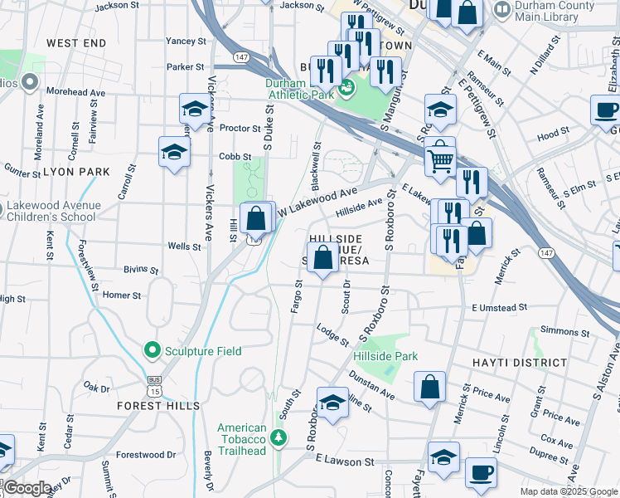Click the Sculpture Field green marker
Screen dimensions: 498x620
tap(151, 351)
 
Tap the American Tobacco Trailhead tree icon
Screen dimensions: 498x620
tap(279, 437)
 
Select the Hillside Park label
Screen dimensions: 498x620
tap(385, 356)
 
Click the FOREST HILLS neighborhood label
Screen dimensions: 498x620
tap(158, 406)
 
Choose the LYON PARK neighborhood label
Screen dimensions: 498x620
tap(76, 172)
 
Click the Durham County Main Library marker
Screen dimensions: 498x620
tap(501, 11)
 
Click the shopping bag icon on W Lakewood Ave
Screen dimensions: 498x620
tap(257, 219)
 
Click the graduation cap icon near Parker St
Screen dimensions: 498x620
tap(195, 109)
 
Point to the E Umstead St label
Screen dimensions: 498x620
tap(499, 308)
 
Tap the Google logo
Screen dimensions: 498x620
tap(27, 488)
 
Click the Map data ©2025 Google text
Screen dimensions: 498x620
tap(569, 491)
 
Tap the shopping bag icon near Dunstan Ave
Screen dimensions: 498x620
tap(430, 387)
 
